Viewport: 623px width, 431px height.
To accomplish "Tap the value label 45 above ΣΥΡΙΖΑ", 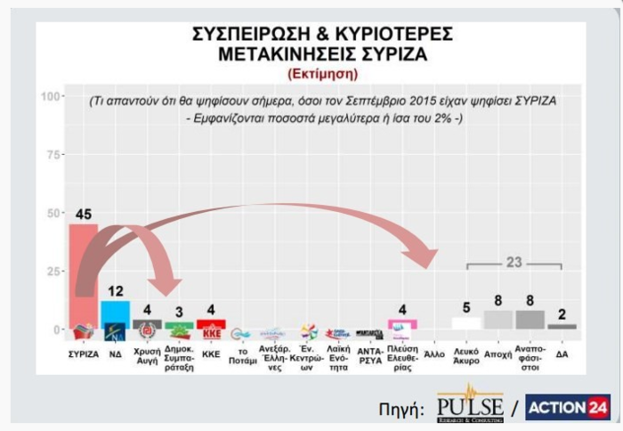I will click(x=83, y=214).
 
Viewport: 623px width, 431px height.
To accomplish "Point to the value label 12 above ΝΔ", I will click(x=115, y=291).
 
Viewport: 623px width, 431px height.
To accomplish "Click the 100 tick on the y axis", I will click(x=51, y=96).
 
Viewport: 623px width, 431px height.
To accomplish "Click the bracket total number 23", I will click(x=514, y=262).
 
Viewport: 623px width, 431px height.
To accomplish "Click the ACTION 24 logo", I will click(x=567, y=407).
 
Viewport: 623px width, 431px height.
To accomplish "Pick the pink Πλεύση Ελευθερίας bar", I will click(x=402, y=324).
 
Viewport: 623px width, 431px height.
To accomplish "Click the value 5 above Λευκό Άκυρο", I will click(x=465, y=307).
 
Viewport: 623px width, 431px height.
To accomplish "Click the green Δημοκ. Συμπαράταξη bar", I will click(x=179, y=326).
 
